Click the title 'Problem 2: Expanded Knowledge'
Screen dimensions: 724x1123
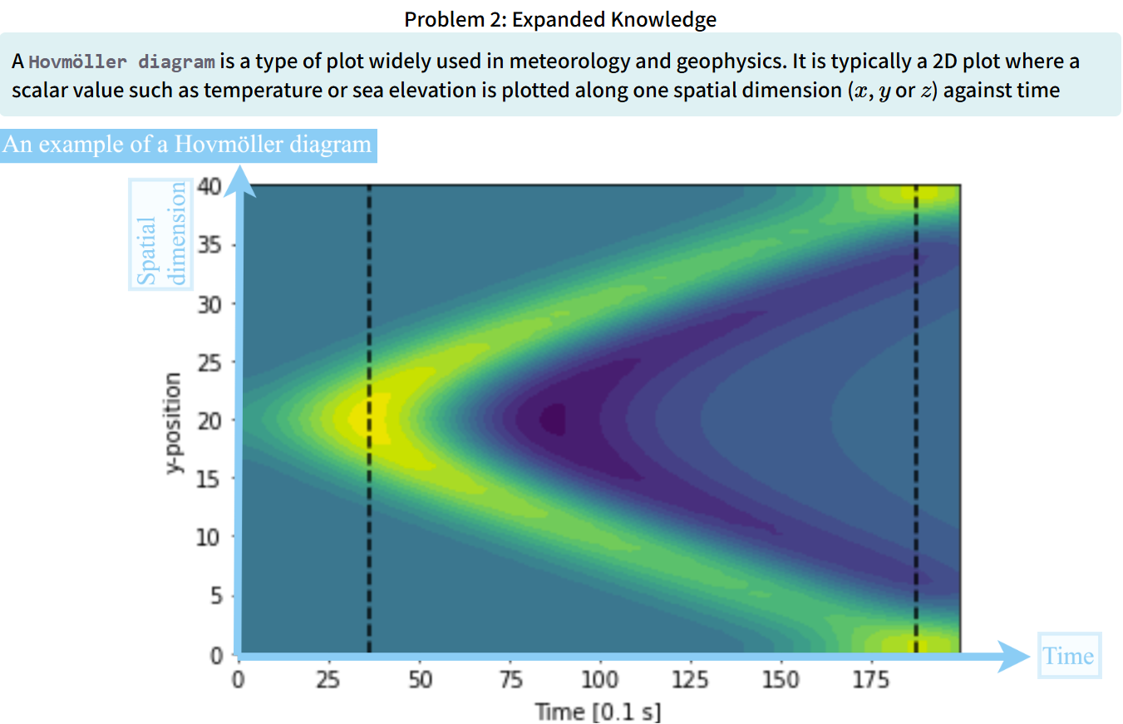[x=560, y=19]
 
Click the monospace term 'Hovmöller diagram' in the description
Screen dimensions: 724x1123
[x=123, y=62]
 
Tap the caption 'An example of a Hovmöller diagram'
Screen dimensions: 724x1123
[x=187, y=145]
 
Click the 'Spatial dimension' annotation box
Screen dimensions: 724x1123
[x=160, y=234]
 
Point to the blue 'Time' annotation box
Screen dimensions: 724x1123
[x=1069, y=656]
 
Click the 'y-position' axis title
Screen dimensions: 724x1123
[x=174, y=423]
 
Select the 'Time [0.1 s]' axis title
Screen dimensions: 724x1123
[x=598, y=712]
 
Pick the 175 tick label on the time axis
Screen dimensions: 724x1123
[x=871, y=680]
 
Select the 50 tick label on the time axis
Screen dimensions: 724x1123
[x=420, y=680]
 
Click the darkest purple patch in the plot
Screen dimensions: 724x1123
[x=553, y=418]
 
